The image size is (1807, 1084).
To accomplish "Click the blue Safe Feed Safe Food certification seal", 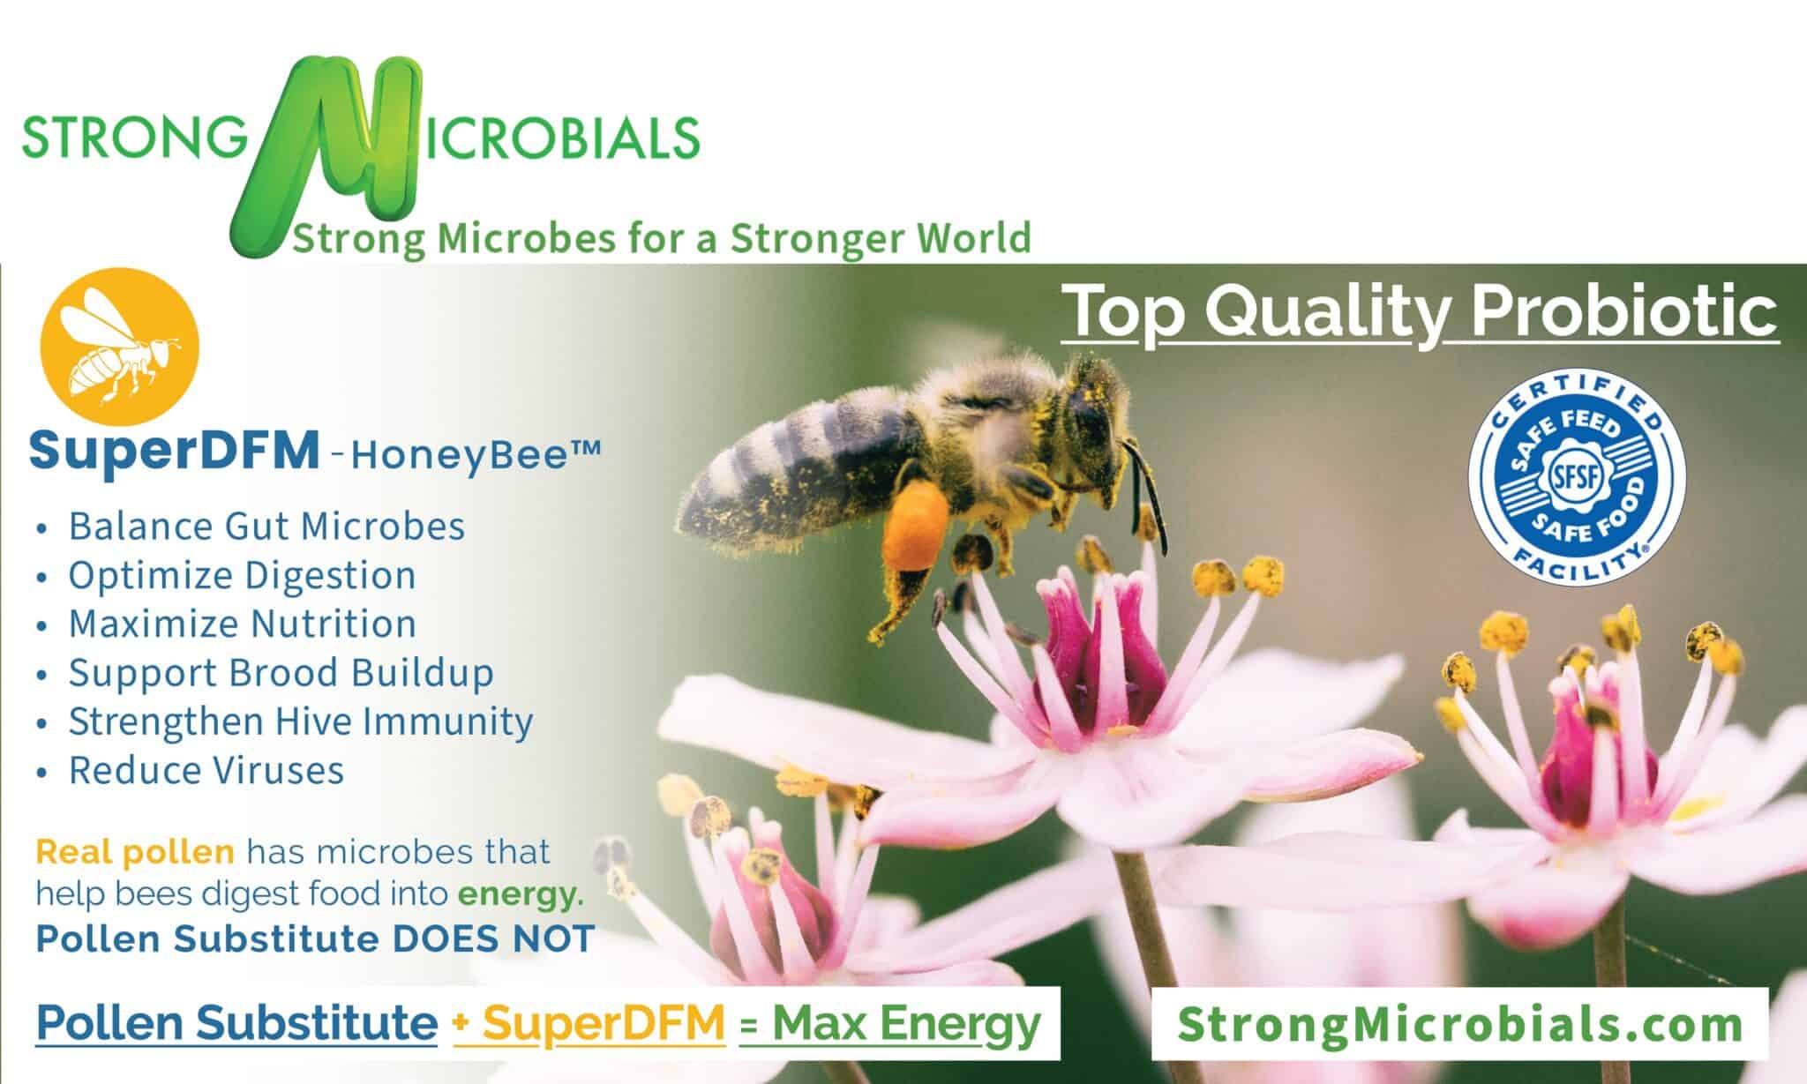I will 1576,476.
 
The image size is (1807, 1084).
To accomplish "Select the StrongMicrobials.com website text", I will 1459,1024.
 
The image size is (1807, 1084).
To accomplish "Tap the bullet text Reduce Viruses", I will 206,770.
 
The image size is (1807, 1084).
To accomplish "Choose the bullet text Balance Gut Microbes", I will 266,527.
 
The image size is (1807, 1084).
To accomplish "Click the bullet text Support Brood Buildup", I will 281,673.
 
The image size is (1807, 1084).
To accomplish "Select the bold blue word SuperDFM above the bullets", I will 174,451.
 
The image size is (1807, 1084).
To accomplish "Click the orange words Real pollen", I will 135,852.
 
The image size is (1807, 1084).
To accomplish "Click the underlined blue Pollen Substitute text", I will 236,1023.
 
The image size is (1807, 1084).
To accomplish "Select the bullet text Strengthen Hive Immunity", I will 301,721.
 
